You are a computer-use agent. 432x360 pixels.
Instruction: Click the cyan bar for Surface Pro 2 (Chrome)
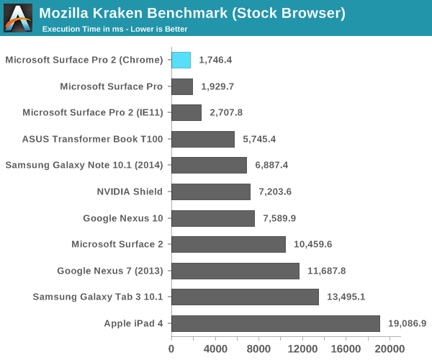pos(181,60)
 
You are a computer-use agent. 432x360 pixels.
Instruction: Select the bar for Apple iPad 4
pos(275,323)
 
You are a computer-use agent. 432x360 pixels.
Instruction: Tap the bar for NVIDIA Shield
pos(210,192)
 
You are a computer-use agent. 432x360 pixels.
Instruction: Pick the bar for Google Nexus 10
pos(212,218)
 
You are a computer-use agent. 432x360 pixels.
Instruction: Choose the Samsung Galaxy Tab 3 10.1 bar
pos(245,297)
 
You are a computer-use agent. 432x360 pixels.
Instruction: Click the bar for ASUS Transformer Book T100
pos(202,139)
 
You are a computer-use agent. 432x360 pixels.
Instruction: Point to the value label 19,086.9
pos(407,323)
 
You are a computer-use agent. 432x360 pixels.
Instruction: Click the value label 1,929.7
pos(220,86)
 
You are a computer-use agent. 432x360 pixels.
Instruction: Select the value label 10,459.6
pos(313,244)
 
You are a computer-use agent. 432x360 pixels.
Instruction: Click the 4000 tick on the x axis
pos(215,348)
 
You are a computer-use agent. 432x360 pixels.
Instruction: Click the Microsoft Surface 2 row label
pos(117,244)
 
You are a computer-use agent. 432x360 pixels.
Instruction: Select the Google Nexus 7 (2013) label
pos(110,271)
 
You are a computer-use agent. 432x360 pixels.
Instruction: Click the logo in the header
pos(18,17)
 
